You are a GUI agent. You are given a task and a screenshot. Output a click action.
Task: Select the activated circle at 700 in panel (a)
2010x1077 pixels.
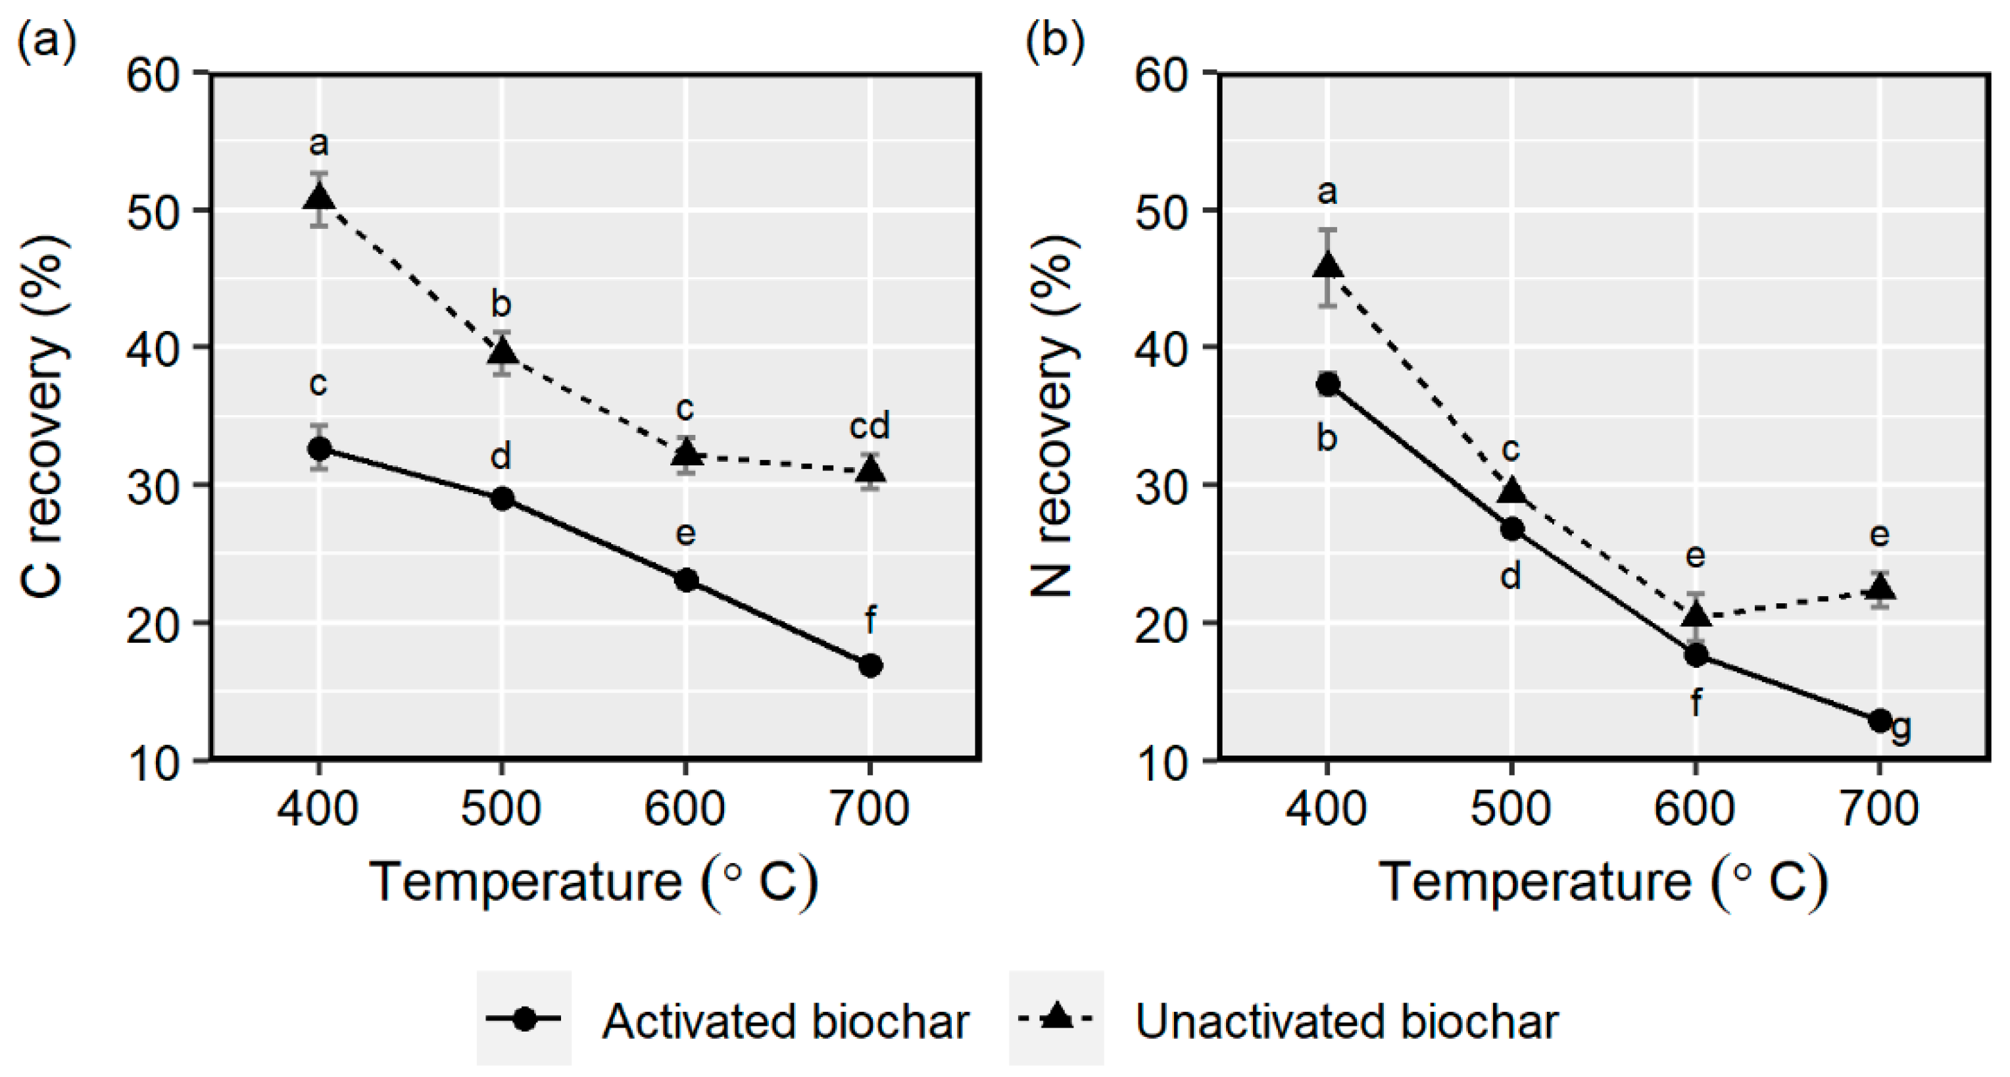[x=870, y=666]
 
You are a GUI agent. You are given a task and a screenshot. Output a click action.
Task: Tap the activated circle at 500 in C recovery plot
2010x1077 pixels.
[x=502, y=499]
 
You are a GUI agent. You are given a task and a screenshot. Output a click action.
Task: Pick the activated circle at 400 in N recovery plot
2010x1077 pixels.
[x=1327, y=384]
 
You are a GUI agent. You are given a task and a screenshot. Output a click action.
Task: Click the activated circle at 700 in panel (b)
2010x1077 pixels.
[x=1880, y=720]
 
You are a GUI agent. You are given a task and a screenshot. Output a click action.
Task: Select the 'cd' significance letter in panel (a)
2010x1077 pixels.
[x=870, y=426]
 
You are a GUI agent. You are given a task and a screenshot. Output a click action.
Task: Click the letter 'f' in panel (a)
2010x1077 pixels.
[x=870, y=621]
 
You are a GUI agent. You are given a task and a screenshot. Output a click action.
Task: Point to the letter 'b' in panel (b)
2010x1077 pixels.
[x=1327, y=439]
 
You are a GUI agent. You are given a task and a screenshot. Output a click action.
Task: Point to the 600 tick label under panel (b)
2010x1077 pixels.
[x=1695, y=809]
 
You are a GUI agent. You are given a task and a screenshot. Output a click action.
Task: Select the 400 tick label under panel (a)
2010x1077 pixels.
[x=318, y=809]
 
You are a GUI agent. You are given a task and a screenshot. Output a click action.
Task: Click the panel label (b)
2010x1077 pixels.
[x=1054, y=39]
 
